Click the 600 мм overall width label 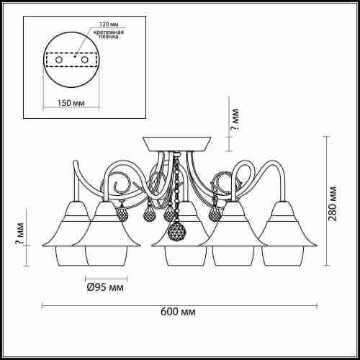click(178, 312)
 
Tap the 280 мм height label click(333, 203)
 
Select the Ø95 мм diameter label click(105, 287)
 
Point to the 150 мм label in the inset click(71, 103)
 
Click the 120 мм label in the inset click(109, 24)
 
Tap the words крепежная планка click(109, 34)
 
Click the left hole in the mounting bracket click(59, 60)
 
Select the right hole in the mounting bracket click(84, 60)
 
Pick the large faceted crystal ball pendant click(177, 232)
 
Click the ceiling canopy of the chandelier click(177, 144)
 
